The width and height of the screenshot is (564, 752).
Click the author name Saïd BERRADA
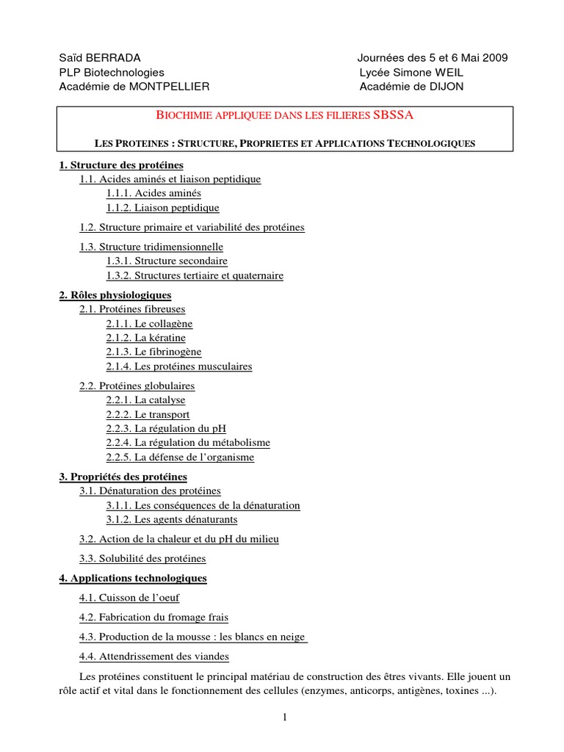coord(99,58)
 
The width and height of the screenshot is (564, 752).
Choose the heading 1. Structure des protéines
coord(121,164)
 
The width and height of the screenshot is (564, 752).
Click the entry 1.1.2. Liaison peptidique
coord(162,208)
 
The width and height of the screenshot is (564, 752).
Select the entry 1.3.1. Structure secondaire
coord(167,261)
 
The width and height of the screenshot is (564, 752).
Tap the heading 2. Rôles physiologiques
coord(115,295)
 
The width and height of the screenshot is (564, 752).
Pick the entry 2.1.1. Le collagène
coord(149,323)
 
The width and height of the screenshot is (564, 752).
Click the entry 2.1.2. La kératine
coord(145,338)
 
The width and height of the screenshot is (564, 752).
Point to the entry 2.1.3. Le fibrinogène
coord(153,352)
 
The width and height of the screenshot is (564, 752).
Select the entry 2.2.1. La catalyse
coord(145,400)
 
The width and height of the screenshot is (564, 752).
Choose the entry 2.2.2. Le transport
coord(148,415)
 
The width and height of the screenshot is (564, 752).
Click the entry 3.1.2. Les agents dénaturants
coord(172,519)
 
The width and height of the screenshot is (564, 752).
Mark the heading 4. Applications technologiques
coord(133,578)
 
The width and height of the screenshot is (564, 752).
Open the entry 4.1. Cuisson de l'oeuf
coord(129,598)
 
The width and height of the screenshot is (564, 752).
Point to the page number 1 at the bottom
coord(283,717)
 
